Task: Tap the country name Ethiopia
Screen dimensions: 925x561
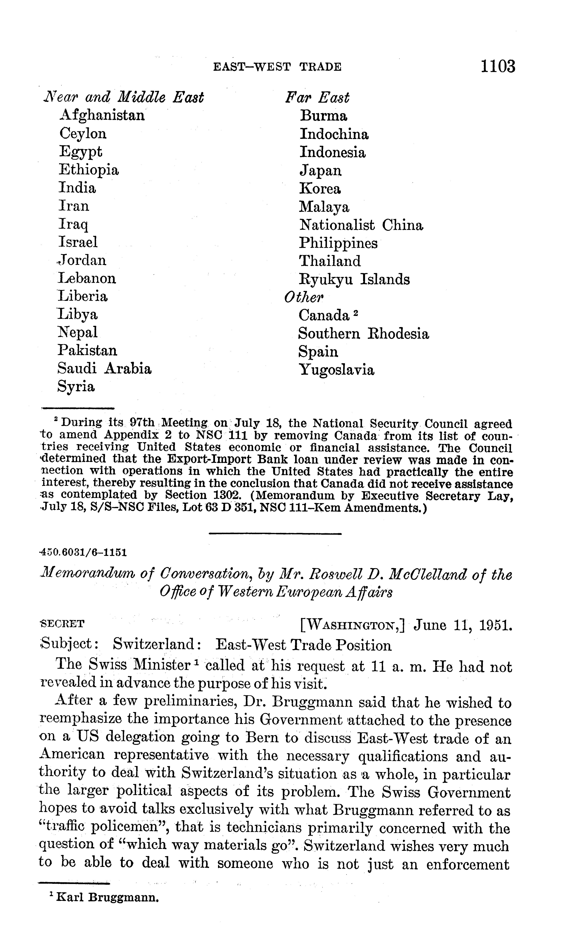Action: pos(89,170)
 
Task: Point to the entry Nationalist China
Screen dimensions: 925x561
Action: pos(361,225)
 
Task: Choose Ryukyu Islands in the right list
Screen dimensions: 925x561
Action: pos(354,279)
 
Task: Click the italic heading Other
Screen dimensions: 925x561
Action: pos(303,298)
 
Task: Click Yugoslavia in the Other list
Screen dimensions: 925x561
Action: pos(336,370)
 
